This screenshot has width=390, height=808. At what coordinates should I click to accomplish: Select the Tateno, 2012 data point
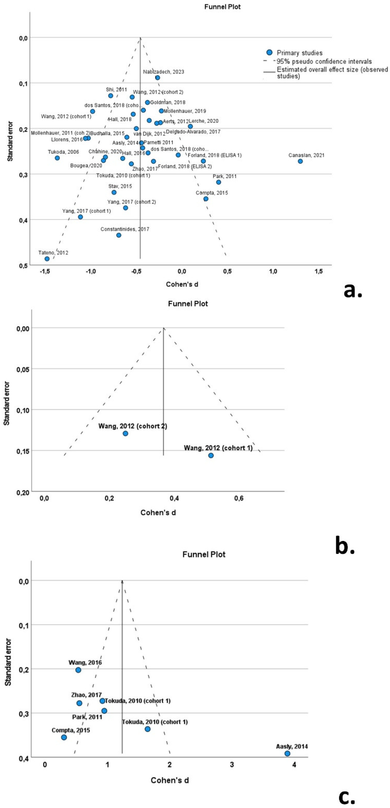pos(47,259)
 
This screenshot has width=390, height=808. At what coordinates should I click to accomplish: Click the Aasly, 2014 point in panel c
pos(287,753)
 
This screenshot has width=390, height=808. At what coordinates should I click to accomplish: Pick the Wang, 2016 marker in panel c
pos(78,670)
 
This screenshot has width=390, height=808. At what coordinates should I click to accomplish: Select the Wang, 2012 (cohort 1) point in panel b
pos(211,456)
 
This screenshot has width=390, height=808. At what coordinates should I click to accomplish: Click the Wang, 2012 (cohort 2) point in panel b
pos(125,434)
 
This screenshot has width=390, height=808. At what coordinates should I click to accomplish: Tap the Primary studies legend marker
pos(269,52)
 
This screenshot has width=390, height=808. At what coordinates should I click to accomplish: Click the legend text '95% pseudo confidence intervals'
pos(324,61)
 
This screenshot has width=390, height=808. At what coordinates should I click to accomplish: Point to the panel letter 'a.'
pos(353,291)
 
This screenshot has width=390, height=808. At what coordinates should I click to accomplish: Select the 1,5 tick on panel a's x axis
pos(318,271)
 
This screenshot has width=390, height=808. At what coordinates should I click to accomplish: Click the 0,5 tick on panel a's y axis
pos(24,265)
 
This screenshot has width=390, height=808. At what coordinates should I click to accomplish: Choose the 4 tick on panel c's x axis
pos(294,765)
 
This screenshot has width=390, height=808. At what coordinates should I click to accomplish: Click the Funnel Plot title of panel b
pos(188,304)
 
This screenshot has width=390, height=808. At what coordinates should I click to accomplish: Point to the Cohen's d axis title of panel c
pos(170,780)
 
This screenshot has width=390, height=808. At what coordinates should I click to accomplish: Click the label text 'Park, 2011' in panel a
pos(224,176)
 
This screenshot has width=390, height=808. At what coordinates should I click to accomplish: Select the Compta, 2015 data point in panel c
pos(64,737)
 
